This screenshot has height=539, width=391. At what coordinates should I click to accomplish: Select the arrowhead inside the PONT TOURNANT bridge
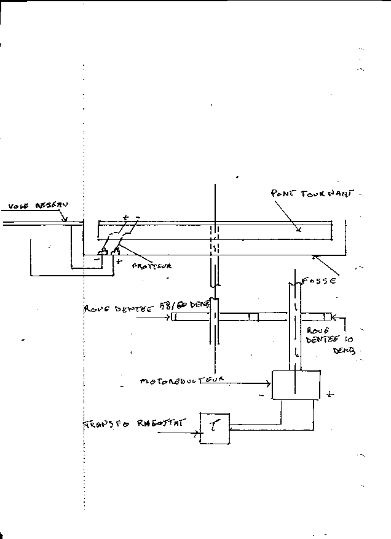[x=299, y=230]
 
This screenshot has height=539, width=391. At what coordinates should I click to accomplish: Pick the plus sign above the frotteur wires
[x=125, y=217]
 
